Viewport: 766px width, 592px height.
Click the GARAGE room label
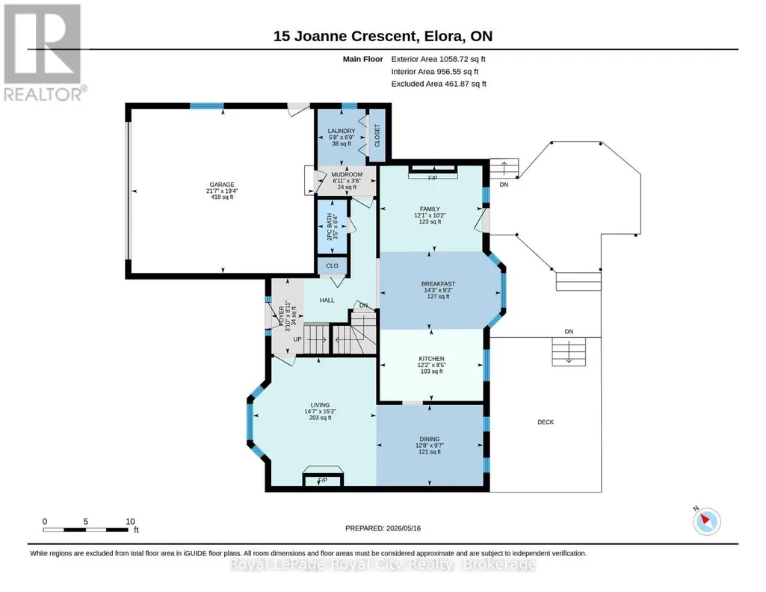click(x=222, y=185)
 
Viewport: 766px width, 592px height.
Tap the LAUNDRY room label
click(x=342, y=131)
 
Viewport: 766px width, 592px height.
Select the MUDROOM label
click(x=347, y=174)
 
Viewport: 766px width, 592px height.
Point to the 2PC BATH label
click(x=329, y=226)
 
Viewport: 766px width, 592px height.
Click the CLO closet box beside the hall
click(x=333, y=265)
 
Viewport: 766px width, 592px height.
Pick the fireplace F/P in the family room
click(x=433, y=178)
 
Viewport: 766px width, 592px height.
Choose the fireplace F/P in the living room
click(x=322, y=480)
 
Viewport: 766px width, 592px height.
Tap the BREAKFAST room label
click(x=438, y=284)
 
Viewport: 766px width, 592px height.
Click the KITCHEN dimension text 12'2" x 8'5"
click(x=431, y=365)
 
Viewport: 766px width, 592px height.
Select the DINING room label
click(x=430, y=439)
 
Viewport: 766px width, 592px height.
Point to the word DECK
click(x=546, y=422)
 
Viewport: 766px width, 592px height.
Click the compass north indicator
click(x=706, y=521)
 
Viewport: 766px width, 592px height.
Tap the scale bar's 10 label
click(x=130, y=522)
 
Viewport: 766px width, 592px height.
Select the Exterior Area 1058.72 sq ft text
click(x=438, y=59)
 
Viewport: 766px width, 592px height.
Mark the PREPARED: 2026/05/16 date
click(x=383, y=528)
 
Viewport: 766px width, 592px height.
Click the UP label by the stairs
click(x=297, y=339)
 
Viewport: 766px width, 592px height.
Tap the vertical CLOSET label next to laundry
click(x=377, y=135)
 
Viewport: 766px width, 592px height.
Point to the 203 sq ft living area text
click(x=320, y=418)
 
